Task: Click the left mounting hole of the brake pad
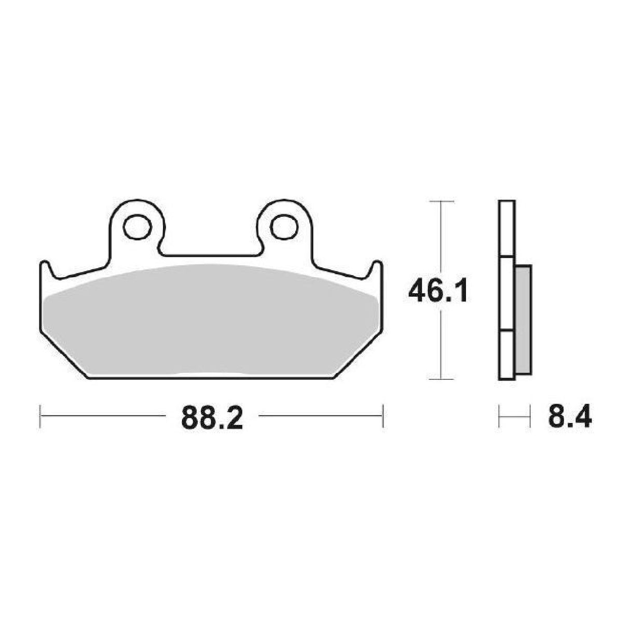tap(136, 226)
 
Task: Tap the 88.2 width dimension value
tap(212, 415)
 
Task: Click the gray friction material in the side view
tap(524, 320)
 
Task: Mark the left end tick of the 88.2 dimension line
tap(40, 415)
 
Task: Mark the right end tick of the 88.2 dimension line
tap(383, 415)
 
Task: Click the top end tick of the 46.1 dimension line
tap(441, 200)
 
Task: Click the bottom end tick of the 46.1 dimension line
tap(441, 379)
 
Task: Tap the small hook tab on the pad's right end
tap(378, 267)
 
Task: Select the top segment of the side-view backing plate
tap(507, 228)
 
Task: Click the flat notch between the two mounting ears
tap(210, 254)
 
